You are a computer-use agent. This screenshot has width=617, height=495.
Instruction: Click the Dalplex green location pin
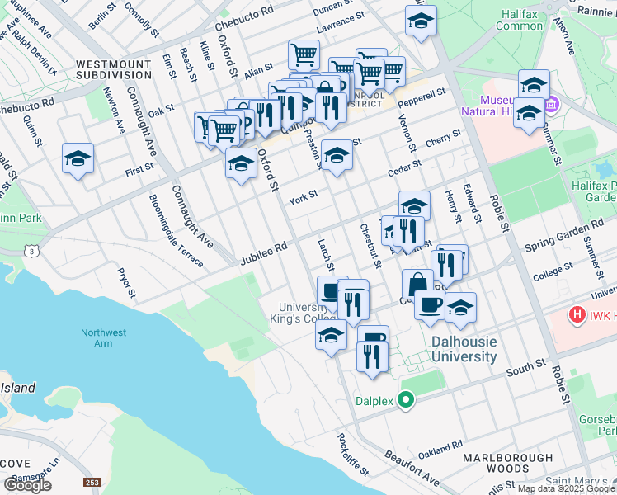click(405, 402)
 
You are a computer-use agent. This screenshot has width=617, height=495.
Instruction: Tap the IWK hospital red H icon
click(577, 315)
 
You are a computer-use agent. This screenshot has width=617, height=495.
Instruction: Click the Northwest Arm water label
click(104, 337)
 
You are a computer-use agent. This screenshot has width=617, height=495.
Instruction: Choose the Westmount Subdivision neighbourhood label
click(114, 68)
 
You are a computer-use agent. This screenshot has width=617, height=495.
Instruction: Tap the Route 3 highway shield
click(31, 249)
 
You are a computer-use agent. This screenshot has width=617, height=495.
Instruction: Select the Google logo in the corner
click(27, 484)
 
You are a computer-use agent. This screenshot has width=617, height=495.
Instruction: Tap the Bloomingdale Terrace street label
click(176, 230)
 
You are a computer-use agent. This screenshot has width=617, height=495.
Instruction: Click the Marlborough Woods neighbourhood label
click(507, 464)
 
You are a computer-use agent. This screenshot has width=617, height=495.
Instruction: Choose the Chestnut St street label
click(370, 244)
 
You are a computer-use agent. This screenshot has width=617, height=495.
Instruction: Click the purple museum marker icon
click(552, 106)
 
